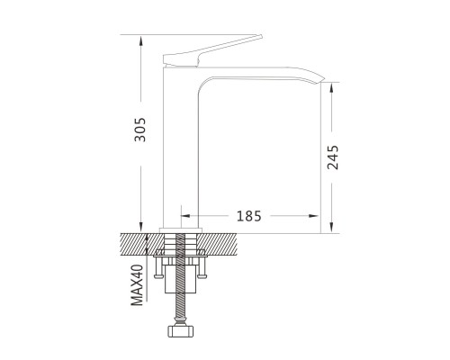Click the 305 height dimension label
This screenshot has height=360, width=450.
pos(140,130)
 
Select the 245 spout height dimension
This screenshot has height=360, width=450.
pos(333,157)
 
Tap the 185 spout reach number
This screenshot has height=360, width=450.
pos(249,216)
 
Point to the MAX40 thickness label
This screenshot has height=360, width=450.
pos(137,285)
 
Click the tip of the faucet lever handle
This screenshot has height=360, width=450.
pos(261,36)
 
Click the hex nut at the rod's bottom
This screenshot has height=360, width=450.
pos(180,331)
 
